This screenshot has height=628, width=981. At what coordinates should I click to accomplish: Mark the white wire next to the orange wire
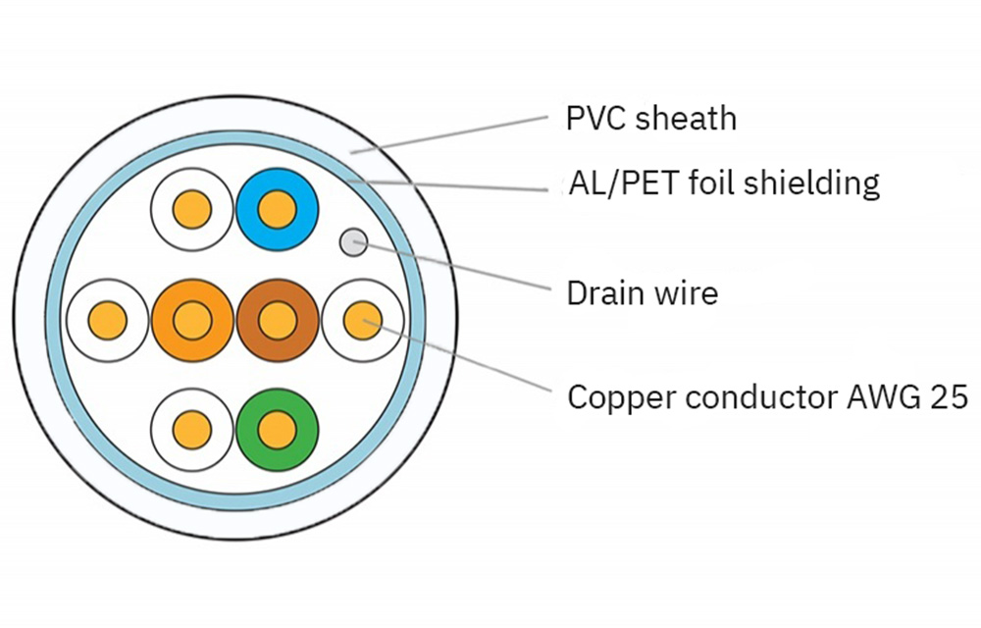pos(87,319)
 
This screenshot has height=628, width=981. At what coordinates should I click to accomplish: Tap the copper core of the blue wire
pos(278,209)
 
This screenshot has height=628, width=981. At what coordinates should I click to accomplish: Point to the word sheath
pos(686,119)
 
